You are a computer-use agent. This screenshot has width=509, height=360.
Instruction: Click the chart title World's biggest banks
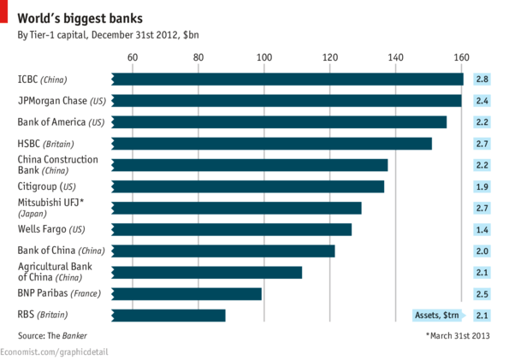75,17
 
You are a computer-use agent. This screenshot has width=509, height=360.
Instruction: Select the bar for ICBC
287,80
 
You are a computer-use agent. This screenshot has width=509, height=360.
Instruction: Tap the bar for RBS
169,315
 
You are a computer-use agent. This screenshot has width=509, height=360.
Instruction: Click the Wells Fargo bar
232,229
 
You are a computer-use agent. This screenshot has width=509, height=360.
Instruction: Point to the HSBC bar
272,144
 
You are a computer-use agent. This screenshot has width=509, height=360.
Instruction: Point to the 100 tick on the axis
263,57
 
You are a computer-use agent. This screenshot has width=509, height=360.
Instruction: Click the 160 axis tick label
461,57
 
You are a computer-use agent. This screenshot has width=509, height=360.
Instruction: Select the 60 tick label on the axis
133,57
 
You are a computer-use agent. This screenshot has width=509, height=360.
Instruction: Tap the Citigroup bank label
46,186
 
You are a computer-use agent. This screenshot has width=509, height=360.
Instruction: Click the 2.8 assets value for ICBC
482,80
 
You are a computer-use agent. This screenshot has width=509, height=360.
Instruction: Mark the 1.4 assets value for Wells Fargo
482,229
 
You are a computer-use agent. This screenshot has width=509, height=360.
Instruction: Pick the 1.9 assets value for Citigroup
482,186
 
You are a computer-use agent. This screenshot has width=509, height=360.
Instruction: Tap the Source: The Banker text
52,336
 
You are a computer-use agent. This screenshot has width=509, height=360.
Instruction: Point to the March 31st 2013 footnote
458,336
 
